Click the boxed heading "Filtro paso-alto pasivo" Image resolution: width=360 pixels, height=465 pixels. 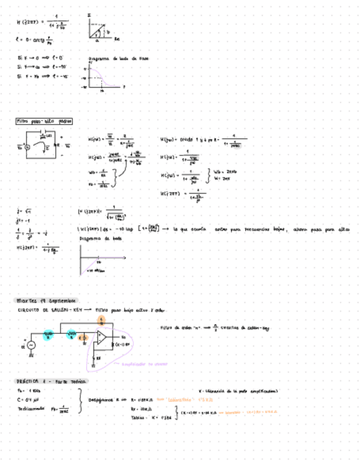(44, 121)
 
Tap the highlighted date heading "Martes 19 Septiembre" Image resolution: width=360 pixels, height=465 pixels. (47, 301)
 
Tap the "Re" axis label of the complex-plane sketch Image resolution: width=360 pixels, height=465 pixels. (117, 39)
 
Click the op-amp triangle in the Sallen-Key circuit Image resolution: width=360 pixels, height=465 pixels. (102, 342)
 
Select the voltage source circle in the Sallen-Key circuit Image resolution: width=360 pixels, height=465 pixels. (31, 344)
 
